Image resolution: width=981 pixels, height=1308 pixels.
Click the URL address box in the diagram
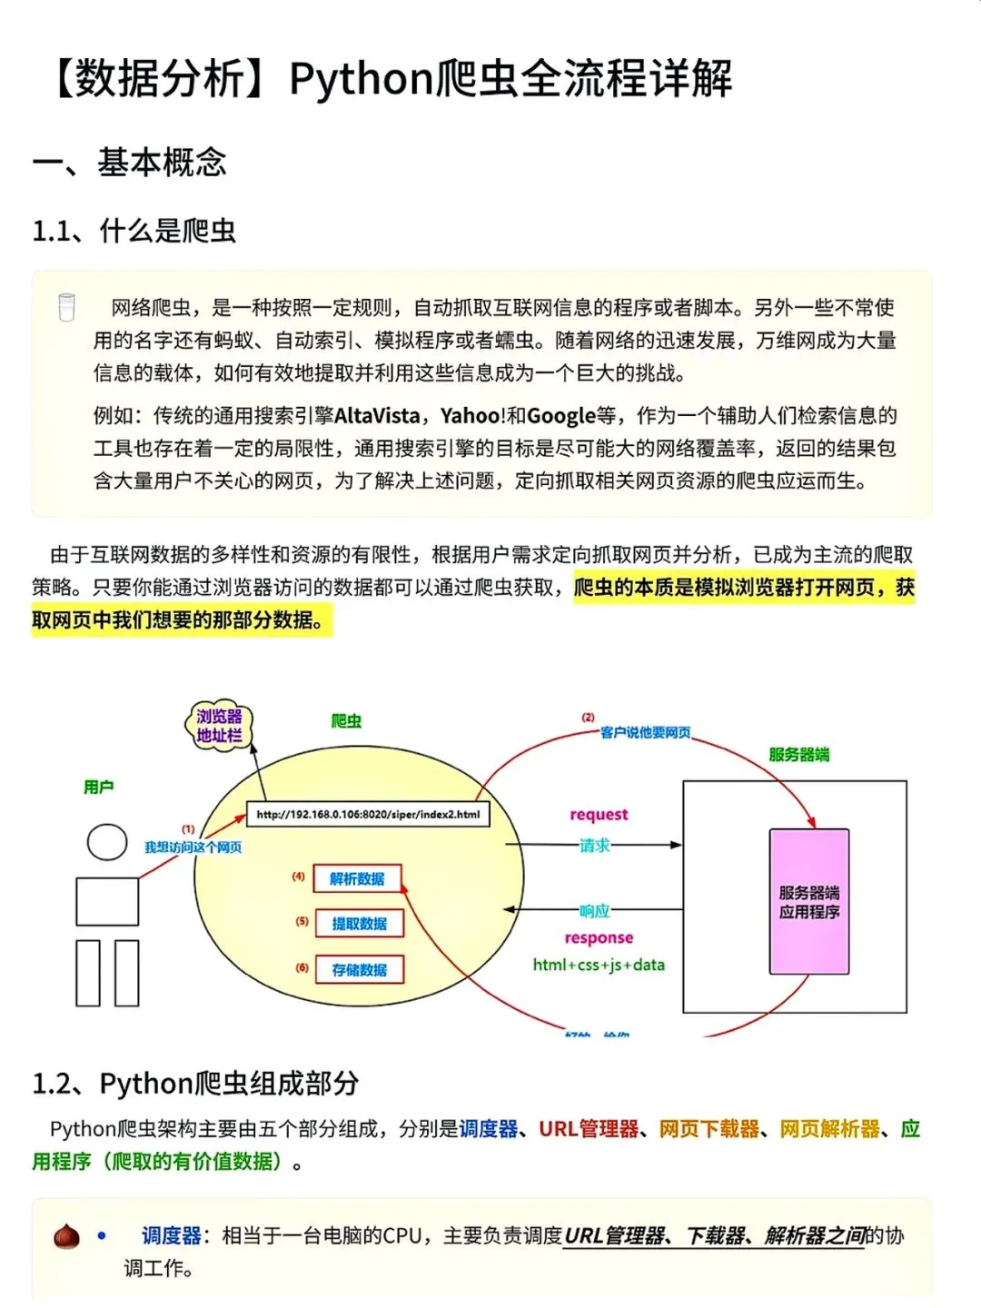[368, 814]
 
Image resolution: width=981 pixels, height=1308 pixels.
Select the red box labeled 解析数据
[357, 878]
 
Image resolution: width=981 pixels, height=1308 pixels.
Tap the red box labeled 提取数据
[359, 924]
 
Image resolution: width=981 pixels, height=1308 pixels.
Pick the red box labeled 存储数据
[359, 969]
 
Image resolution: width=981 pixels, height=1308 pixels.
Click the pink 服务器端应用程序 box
[808, 901]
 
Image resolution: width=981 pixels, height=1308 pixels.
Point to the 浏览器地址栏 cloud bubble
[220, 726]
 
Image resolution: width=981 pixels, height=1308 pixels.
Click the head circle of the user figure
[107, 842]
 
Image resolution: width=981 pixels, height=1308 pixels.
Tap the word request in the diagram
[599, 815]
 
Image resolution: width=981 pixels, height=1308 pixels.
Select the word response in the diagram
[599, 937]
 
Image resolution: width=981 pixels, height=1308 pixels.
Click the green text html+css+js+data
[599, 965]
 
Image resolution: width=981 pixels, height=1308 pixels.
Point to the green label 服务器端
[798, 754]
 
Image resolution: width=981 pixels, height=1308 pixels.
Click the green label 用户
[98, 787]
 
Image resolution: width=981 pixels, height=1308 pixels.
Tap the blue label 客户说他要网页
[645, 732]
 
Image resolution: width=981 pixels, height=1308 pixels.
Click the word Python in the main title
[361, 79]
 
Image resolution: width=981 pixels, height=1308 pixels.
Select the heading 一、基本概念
[129, 163]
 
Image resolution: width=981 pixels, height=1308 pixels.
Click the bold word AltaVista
[377, 416]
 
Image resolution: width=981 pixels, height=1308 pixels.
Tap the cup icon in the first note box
[66, 307]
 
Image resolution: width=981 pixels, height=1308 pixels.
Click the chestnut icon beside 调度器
[66, 1236]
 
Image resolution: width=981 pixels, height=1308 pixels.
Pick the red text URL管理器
[589, 1129]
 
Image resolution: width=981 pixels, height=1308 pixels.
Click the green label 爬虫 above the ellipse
[346, 721]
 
